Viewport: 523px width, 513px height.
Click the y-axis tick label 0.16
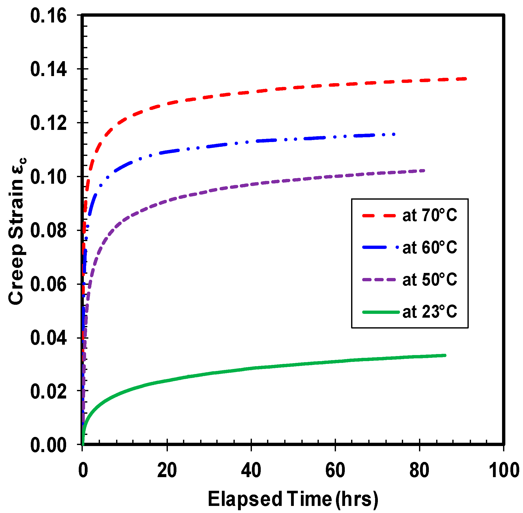(48, 16)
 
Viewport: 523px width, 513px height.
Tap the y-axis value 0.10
(48, 177)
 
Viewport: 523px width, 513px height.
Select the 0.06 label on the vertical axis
(48, 285)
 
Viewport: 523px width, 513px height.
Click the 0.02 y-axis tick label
(48, 392)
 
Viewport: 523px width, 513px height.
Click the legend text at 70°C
(430, 216)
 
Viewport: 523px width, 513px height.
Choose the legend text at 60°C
(430, 248)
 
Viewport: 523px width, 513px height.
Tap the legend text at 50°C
(430, 280)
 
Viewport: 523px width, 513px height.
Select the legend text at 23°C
(430, 312)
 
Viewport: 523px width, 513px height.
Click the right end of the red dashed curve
(465, 79)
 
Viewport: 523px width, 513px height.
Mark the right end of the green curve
(445, 356)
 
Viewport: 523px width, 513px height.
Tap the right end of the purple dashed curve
(424, 171)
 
